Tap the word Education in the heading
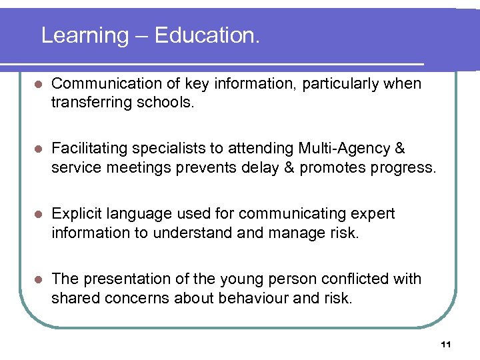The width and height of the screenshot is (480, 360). click(x=207, y=35)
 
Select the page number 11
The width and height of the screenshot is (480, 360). click(x=446, y=344)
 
